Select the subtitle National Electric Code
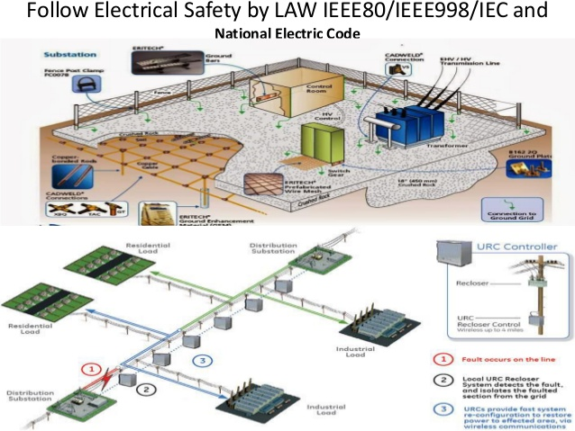pyautogui.click(x=287, y=34)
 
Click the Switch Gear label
pyautogui.click(x=339, y=172)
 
